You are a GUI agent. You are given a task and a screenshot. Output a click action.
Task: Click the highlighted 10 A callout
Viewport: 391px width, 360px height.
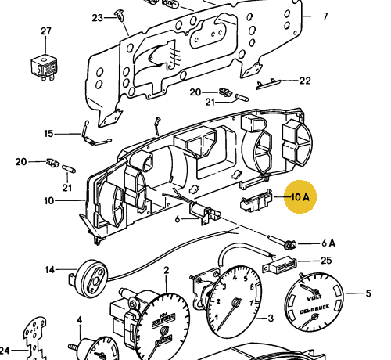(x=300, y=197)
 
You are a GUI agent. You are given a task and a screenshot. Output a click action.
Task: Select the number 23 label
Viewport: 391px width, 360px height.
(x=97, y=17)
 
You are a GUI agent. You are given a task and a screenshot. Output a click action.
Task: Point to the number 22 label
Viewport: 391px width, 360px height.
(x=305, y=81)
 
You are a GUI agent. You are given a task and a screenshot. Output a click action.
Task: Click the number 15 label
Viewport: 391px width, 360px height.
(x=48, y=133)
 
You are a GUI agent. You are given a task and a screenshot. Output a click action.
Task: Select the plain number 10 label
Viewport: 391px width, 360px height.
(x=48, y=201)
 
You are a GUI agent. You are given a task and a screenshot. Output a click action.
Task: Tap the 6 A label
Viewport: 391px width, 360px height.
(x=328, y=243)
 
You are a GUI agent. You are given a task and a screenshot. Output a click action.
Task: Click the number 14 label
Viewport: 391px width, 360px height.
(x=49, y=270)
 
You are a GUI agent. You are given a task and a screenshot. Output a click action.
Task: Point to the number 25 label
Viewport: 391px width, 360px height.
(x=327, y=261)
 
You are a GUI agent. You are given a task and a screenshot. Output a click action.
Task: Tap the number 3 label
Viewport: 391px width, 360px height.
(x=271, y=318)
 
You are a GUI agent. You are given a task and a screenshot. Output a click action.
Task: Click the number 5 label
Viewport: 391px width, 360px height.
(x=368, y=294)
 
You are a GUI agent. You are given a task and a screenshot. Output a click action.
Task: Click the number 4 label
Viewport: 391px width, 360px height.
(x=79, y=319)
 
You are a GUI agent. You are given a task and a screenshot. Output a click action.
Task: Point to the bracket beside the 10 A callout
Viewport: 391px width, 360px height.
(x=255, y=202)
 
